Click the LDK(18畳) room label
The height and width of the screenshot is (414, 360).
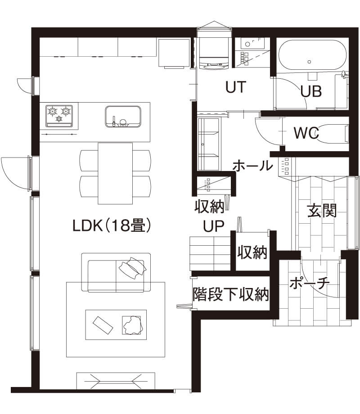112,226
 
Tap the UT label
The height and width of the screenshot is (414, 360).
236,87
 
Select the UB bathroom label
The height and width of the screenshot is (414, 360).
311,91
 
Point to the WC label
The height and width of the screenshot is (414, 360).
306,133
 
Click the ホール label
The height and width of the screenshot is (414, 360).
252,166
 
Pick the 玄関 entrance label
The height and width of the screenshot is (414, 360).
322,211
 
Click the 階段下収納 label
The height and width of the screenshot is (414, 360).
231,294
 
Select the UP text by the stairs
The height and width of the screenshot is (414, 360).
213,226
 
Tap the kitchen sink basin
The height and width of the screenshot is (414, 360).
123,117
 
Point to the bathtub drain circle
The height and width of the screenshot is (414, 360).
309,62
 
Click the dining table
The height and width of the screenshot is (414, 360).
115,173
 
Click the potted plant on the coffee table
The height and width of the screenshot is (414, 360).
133,325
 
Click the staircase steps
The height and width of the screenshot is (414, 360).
210,253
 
